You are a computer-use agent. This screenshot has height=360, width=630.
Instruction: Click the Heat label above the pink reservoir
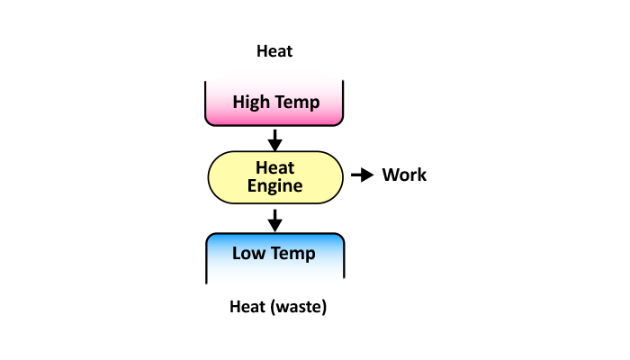[274, 51]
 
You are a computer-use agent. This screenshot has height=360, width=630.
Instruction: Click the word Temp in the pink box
[298, 102]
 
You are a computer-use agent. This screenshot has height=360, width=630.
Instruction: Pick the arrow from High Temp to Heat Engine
[275, 139]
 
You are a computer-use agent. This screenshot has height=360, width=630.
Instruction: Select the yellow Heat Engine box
[275, 175]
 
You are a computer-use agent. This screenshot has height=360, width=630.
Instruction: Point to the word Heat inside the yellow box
[275, 167]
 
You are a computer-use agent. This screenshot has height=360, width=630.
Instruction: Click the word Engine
[275, 185]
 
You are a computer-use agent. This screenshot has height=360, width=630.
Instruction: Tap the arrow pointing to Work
[361, 175]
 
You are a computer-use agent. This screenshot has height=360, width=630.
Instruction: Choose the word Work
[404, 175]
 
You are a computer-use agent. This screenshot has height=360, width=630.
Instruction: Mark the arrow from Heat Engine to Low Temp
[275, 219]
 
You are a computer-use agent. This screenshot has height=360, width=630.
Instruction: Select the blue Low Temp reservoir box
[275, 256]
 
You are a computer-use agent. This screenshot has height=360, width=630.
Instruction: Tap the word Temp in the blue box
[294, 253]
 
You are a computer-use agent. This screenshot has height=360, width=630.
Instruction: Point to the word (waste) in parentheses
[298, 307]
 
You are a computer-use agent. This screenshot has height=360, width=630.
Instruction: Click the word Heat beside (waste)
[247, 307]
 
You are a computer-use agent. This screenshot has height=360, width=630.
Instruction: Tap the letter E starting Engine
[252, 185]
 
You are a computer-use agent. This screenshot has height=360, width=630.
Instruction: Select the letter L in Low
[237, 253]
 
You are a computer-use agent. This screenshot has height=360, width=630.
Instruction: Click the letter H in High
[238, 102]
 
